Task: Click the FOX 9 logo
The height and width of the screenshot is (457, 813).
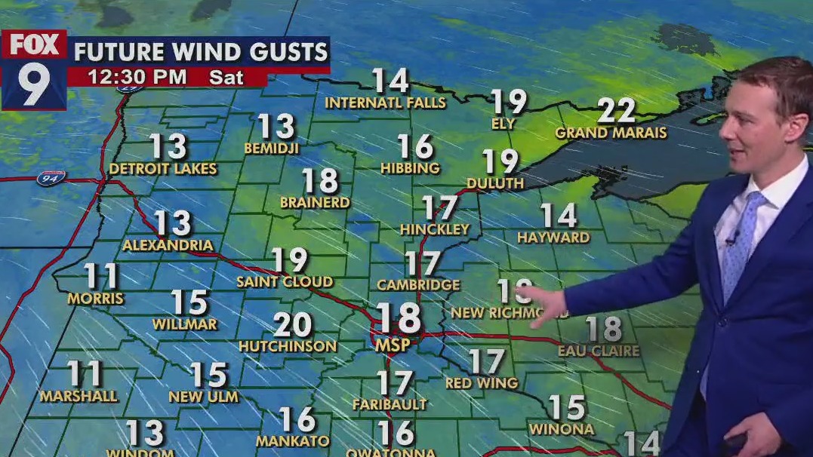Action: click(34, 69)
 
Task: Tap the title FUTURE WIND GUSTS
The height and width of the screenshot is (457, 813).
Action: click(201, 52)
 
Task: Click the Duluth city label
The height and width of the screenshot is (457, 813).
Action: click(495, 183)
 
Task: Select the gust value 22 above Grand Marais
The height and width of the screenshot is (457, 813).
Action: click(617, 111)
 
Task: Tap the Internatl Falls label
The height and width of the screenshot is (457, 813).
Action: click(385, 103)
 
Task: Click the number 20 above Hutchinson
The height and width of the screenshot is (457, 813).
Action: click(292, 325)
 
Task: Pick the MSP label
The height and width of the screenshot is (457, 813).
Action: click(393, 345)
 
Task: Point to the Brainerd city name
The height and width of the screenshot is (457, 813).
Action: click(315, 202)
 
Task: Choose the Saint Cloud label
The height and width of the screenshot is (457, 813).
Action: click(285, 282)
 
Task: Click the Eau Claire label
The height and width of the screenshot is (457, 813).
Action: click(599, 351)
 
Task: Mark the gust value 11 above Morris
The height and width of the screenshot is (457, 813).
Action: click(101, 276)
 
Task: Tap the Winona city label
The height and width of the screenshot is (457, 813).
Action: click(562, 430)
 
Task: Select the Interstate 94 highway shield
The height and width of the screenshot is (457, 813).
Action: click(51, 178)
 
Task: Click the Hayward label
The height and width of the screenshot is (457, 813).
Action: click(553, 238)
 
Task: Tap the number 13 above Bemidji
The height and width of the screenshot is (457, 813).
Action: click(276, 126)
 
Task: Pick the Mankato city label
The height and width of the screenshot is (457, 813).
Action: click(293, 441)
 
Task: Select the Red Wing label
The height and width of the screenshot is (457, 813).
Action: click(482, 383)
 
